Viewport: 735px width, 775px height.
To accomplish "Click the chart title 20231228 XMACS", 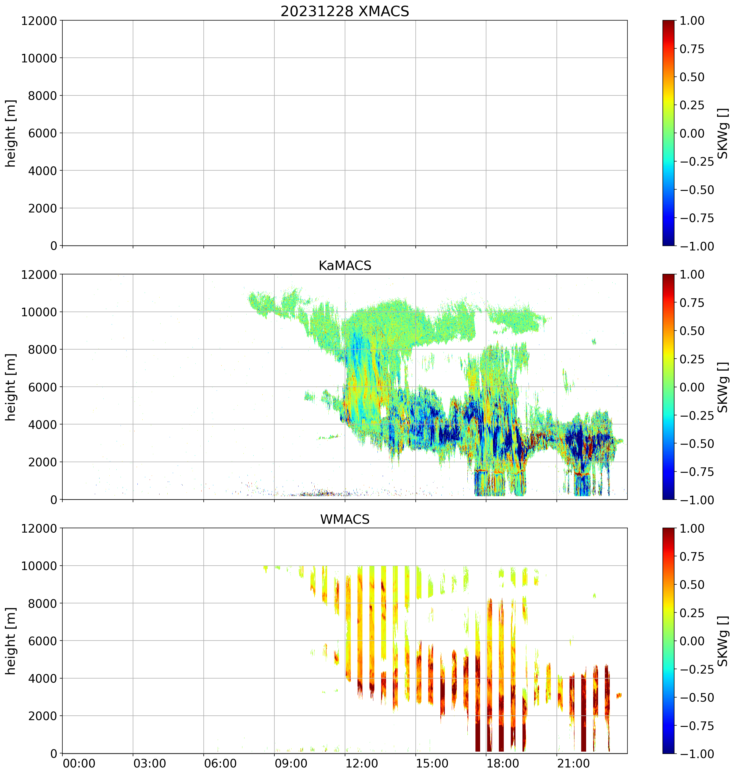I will pyautogui.click(x=345, y=11).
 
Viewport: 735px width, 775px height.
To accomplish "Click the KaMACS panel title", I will pyautogui.click(x=345, y=266).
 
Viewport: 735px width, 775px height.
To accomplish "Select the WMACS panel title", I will pyautogui.click(x=345, y=519).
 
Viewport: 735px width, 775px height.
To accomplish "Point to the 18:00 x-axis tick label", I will pyautogui.click(x=503, y=764).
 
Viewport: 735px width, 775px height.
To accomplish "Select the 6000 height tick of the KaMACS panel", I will pyautogui.click(x=43, y=387).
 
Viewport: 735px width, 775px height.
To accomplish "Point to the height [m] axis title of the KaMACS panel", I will pyautogui.click(x=11, y=387).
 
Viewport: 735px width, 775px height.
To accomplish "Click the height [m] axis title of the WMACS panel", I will pyautogui.click(x=11, y=641).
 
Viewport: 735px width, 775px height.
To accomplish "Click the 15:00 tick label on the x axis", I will pyautogui.click(x=432, y=764).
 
